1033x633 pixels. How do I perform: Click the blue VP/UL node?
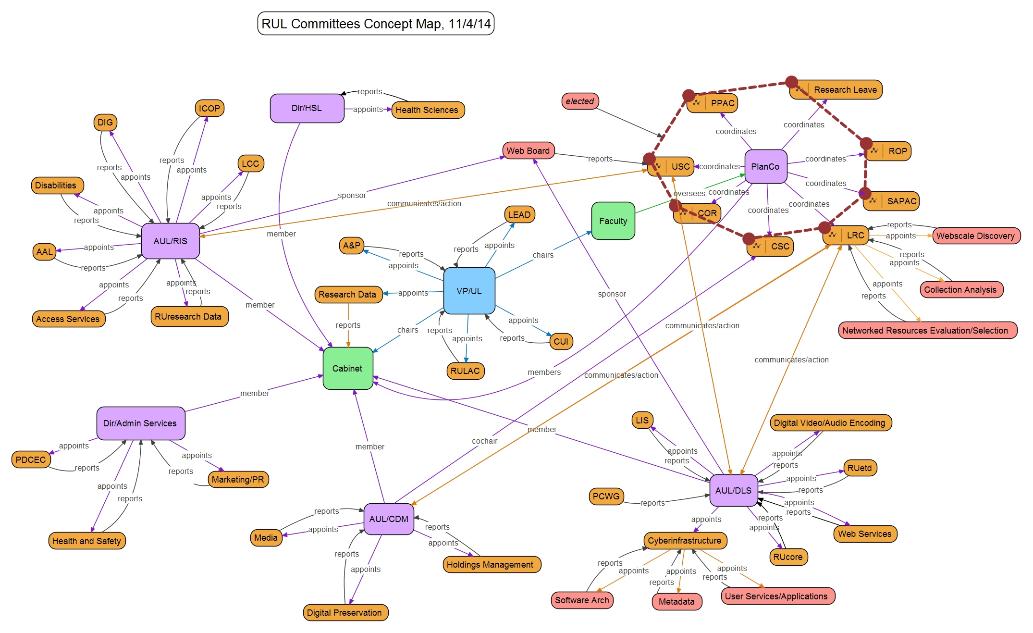point(469,291)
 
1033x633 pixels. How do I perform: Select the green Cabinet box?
point(347,368)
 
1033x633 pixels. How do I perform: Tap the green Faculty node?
point(613,221)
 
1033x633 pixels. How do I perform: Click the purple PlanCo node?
point(765,166)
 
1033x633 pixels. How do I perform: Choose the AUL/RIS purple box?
point(170,241)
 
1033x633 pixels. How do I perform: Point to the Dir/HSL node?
point(307,108)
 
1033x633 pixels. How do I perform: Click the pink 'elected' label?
point(579,101)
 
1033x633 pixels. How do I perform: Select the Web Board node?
point(528,150)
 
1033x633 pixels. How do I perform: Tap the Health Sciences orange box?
point(427,110)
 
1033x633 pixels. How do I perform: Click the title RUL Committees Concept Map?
point(376,24)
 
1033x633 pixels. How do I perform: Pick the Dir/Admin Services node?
point(140,423)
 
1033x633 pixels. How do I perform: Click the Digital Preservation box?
point(344,612)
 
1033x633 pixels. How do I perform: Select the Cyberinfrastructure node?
point(684,540)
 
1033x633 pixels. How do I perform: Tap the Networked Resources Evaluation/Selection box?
point(925,330)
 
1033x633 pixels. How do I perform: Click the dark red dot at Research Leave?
point(791,82)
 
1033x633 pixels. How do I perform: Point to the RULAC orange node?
point(465,371)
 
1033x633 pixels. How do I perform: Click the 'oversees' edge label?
point(689,193)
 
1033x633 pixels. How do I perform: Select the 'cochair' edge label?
point(484,441)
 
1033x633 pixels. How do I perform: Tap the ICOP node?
point(209,108)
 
